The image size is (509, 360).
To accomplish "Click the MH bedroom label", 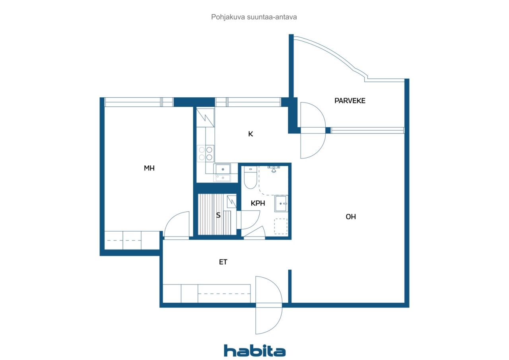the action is coord(149,168).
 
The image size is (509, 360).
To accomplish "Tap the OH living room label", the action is coord(351,217).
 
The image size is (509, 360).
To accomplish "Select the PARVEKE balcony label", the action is coord(350,101).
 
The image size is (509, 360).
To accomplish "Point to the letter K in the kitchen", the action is coord(251,134).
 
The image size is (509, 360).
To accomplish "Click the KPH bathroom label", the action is coord(258,203).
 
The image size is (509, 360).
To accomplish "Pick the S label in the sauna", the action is coord(218,215).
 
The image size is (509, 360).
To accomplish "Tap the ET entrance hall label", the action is coord(223,262).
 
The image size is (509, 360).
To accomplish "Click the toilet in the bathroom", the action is coord(250,178).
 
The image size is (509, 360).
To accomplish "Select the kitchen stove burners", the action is coord(206,153).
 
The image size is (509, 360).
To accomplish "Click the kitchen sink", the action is coord(222,172).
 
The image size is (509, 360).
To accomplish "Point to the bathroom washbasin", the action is coord(281,203).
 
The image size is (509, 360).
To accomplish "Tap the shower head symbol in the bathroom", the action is coord(274,169).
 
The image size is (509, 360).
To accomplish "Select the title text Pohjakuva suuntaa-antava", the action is coord(254,17).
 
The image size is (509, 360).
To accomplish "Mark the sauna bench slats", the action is coord(214,215).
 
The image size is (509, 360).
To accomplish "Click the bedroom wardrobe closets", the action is coord(132,240).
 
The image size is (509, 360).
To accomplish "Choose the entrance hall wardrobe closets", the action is coord(206,294).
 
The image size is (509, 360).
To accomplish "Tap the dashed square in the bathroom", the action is coord(281,226).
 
